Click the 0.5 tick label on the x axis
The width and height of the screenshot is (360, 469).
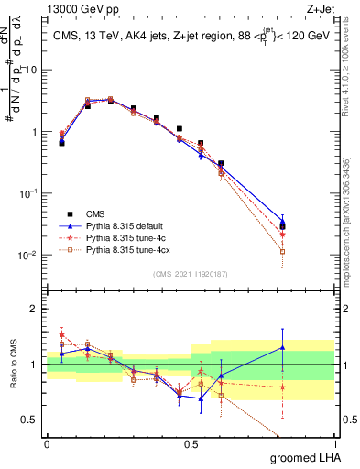(191, 442)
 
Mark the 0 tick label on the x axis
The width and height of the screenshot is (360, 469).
(47, 442)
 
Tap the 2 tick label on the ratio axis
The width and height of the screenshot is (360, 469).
(35, 309)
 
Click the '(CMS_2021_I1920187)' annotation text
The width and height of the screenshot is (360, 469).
(191, 274)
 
